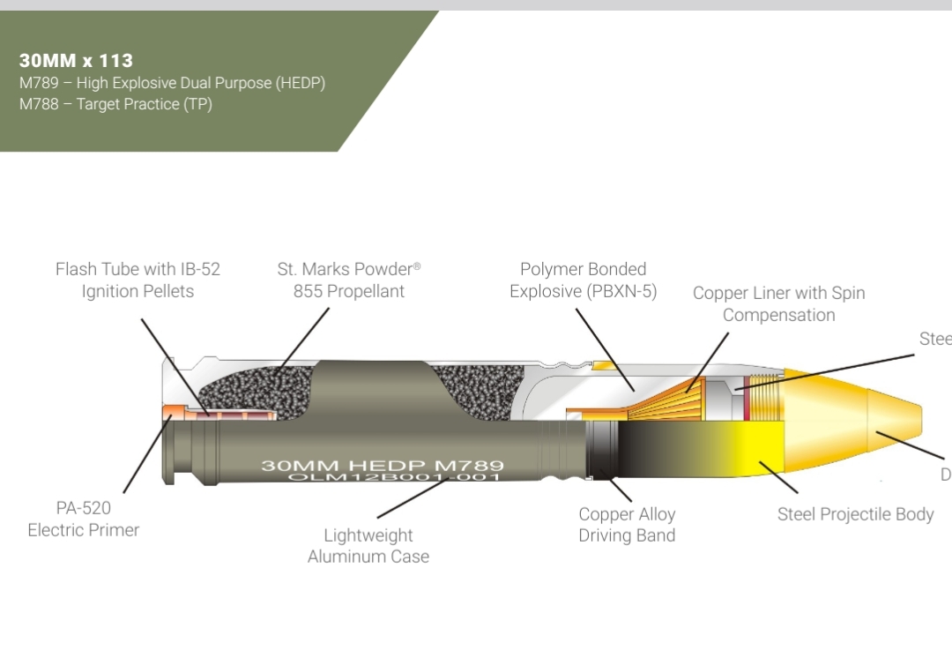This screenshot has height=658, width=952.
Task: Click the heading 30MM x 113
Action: pos(76,61)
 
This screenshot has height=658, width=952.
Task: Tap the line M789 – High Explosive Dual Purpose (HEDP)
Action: pos(172,83)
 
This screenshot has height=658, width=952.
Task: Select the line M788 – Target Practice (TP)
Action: pos(115,104)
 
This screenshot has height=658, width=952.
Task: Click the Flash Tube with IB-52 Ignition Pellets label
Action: pos(138,280)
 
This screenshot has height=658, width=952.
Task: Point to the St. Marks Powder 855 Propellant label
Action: pos(348,280)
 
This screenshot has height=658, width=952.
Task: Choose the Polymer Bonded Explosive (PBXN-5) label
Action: pos(583,280)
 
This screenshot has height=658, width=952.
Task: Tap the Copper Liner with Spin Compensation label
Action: pos(778,303)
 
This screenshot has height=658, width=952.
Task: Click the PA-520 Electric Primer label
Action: pos(84,519)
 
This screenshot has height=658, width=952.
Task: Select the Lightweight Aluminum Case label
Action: pos(368,545)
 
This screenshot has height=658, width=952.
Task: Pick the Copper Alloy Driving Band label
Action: pos(627,524)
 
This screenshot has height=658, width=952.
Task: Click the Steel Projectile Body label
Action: pos(855,514)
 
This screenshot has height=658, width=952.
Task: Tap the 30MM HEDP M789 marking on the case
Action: pos(382,465)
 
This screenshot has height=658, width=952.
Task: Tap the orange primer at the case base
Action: pos(172,411)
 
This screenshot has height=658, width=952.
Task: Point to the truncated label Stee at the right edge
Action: pos(935,339)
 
